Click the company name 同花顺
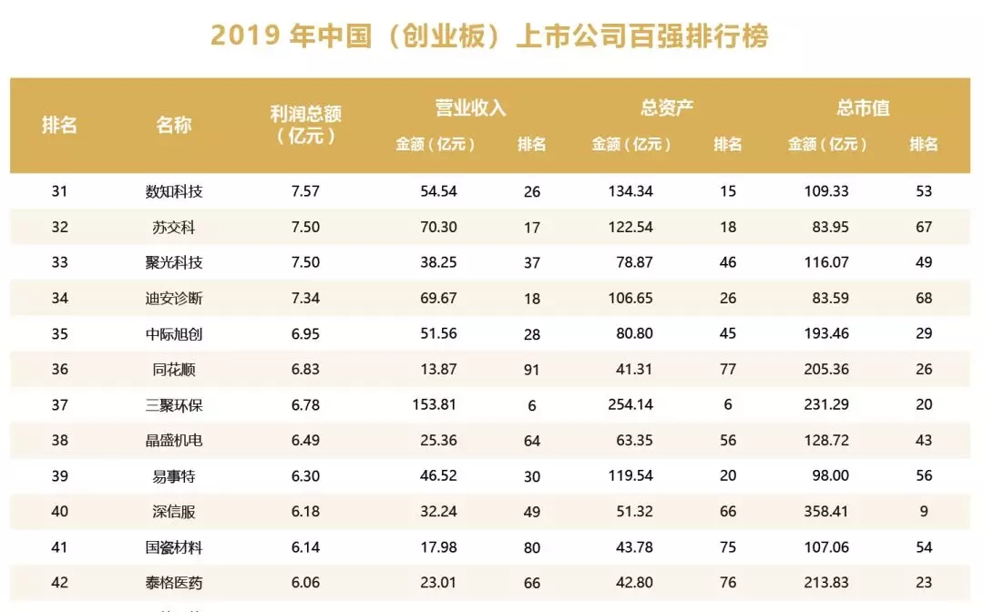[x=173, y=370]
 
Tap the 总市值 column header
[x=863, y=107]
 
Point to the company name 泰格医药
[x=173, y=582]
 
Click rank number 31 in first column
[x=60, y=191]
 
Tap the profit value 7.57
[x=305, y=191]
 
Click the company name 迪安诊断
[x=173, y=298]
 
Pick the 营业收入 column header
[x=470, y=107]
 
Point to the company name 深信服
[x=173, y=511]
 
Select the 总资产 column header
[x=667, y=107]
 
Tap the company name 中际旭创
[x=173, y=333]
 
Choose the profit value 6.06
[x=305, y=582]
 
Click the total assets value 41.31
[x=633, y=370]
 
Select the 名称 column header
[x=173, y=125]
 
